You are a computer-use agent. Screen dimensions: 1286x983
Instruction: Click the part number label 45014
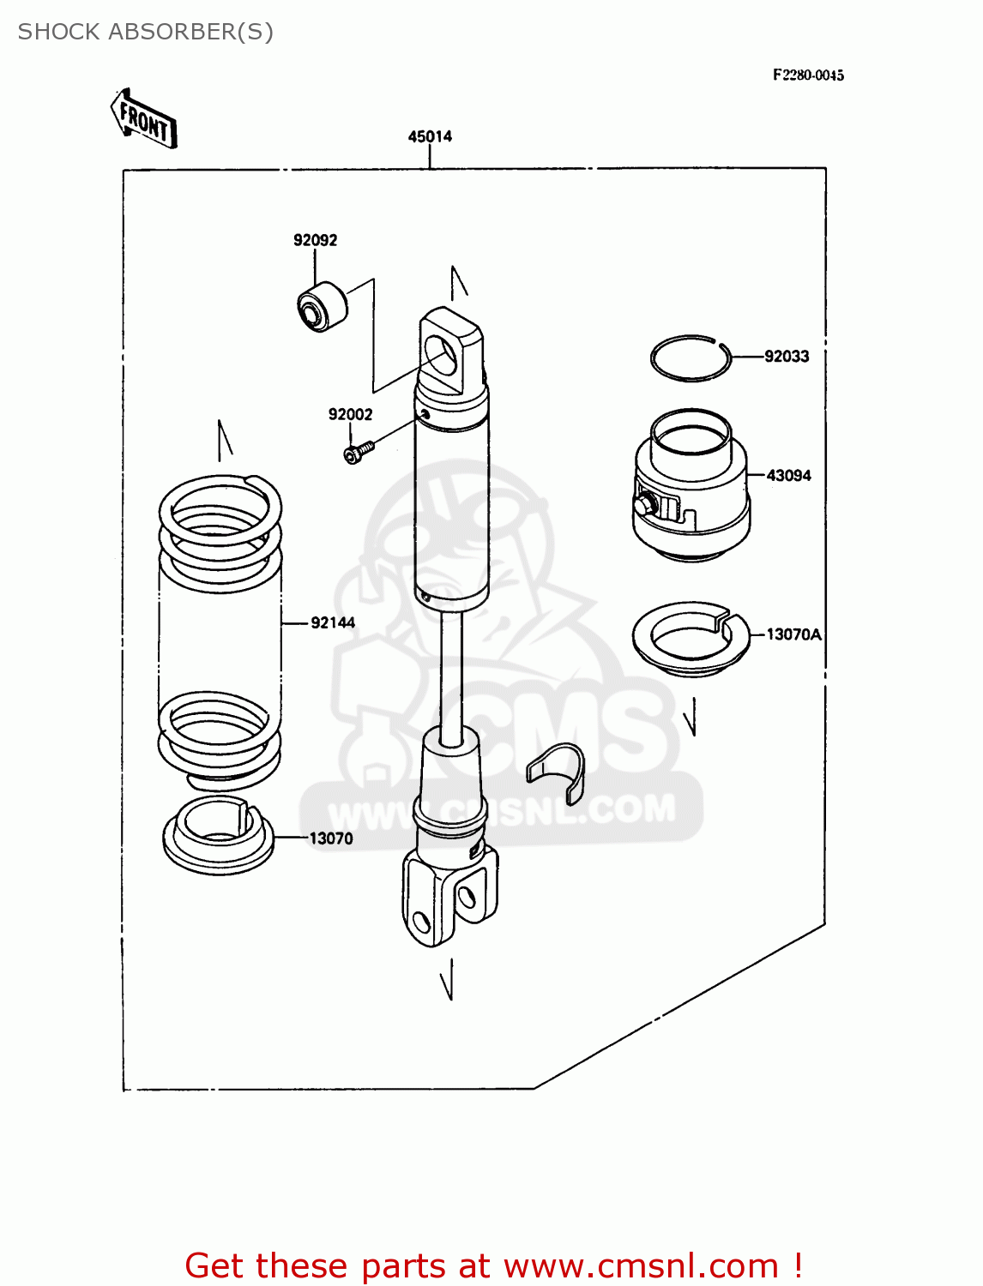pyautogui.click(x=430, y=136)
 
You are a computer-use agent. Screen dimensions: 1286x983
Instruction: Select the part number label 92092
pyautogui.click(x=315, y=240)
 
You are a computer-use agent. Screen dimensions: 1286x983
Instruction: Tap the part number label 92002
pyautogui.click(x=350, y=414)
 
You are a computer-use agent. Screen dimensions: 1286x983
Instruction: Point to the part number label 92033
pyautogui.click(x=787, y=356)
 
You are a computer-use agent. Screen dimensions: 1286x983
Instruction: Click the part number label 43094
pyautogui.click(x=788, y=475)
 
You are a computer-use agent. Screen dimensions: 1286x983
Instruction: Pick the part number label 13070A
pyautogui.click(x=793, y=634)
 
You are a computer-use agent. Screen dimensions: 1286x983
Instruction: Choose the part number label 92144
pyautogui.click(x=333, y=622)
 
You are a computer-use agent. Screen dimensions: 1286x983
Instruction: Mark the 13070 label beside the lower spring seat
pyautogui.click(x=331, y=838)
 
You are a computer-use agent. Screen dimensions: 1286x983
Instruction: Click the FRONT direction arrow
pyautogui.click(x=144, y=120)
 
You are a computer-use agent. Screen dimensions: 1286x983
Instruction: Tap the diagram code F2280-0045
pyautogui.click(x=808, y=75)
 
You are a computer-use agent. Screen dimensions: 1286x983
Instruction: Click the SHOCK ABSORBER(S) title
pyautogui.click(x=146, y=32)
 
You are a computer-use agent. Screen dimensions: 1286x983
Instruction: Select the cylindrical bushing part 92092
pyautogui.click(x=322, y=306)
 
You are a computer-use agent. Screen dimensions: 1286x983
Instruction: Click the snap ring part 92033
pyautogui.click(x=691, y=358)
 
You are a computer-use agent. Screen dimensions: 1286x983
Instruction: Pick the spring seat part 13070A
pyautogui.click(x=691, y=639)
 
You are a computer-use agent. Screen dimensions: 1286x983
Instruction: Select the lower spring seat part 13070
pyautogui.click(x=218, y=834)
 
